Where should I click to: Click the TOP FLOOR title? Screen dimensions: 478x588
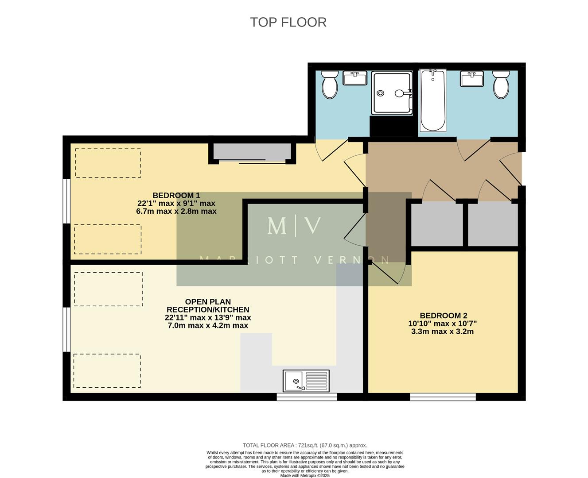pos(288,22)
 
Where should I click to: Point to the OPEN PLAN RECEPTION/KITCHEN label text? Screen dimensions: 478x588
pos(207,314)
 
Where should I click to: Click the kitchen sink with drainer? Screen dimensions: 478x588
pos(306,381)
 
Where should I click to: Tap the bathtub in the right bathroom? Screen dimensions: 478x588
pos(432,100)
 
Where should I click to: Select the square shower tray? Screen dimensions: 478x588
pos(392,93)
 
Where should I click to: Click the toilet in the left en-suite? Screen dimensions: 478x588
pos(329,85)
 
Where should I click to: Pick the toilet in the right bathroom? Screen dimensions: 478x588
pos(501,85)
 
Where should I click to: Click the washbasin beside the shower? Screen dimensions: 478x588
pos(355,79)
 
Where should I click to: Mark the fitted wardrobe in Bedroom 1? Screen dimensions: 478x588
pos(252,152)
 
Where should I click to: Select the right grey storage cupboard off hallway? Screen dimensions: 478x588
pos(492,225)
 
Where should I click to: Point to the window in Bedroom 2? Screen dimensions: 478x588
pos(443,397)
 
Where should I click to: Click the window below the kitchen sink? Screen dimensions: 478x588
pos(307,397)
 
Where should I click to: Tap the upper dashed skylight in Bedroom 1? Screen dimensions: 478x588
pos(108,163)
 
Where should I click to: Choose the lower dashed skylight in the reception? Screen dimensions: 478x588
pos(107,371)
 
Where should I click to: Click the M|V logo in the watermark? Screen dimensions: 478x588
pos(294,226)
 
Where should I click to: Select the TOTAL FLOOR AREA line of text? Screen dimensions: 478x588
pos(305,445)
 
